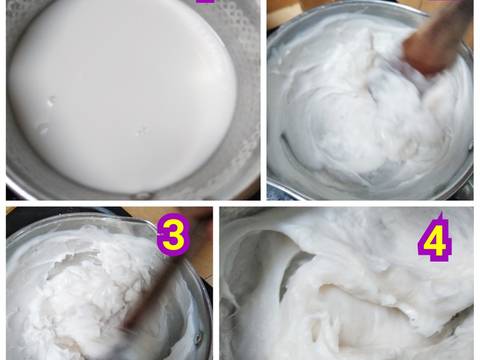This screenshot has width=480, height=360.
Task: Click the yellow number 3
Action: (173, 237)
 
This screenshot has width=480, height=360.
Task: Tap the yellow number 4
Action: (434, 240)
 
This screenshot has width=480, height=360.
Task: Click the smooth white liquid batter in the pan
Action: (120, 90)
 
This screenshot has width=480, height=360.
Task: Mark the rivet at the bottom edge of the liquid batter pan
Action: (141, 193)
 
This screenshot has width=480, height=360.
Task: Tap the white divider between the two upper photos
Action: (264, 100)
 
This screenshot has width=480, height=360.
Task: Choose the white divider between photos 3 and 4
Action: (216, 285)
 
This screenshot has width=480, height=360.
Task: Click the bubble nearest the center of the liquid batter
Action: (141, 130)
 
